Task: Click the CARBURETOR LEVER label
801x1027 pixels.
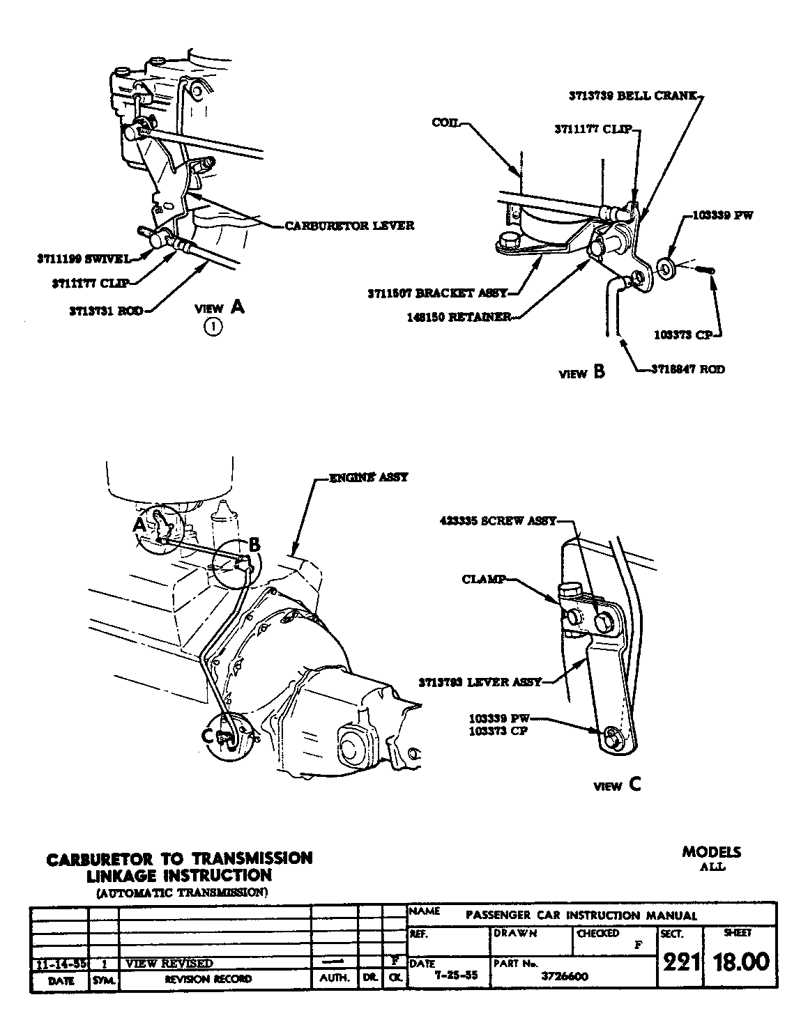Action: coord(349,225)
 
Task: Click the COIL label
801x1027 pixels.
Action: coord(445,122)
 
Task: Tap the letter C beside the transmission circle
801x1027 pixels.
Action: coord(207,735)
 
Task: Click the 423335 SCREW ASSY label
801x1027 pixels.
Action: coord(498,520)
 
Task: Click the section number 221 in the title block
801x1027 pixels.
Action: coord(680,962)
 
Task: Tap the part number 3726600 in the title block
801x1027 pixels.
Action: coord(564,977)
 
